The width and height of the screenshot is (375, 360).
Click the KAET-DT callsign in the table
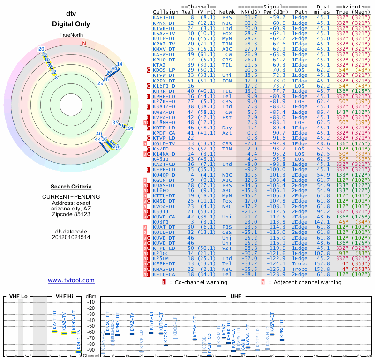click(x=164, y=17)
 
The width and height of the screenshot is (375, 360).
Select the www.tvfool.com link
click(x=71, y=280)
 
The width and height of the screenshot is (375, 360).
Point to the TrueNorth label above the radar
click(x=71, y=36)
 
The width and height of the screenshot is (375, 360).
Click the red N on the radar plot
click(x=84, y=44)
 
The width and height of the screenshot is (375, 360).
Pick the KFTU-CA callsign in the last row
click(x=164, y=274)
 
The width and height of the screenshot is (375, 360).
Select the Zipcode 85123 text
click(x=71, y=214)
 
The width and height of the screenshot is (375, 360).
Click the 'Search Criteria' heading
click(x=71, y=187)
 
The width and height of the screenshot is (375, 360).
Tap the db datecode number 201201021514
click(x=71, y=237)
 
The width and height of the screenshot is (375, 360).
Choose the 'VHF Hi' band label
click(x=64, y=296)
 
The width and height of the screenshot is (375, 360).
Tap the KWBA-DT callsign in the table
click(x=164, y=112)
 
